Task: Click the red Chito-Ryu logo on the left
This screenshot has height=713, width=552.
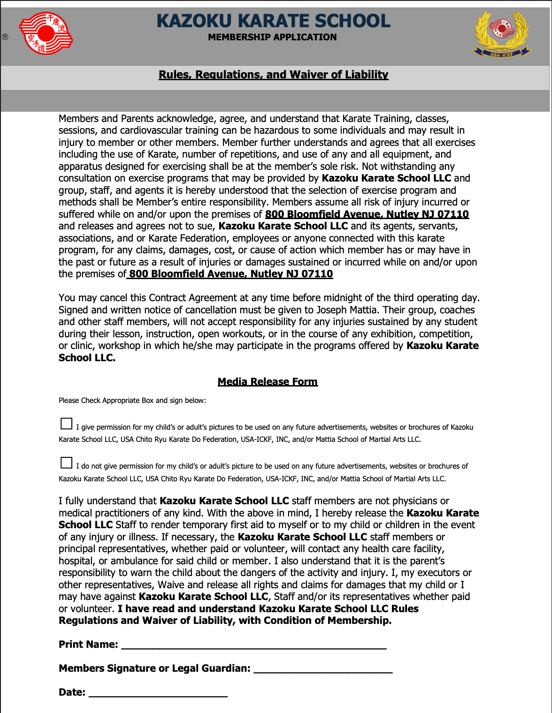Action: [46, 33]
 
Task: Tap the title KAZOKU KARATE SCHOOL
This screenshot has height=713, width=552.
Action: [273, 21]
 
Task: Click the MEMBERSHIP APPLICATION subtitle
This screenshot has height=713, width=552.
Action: [272, 37]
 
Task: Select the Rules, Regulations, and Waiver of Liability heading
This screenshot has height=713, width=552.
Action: [273, 75]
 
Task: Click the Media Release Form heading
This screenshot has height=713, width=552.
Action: [268, 381]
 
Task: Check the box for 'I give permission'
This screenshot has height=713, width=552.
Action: [67, 424]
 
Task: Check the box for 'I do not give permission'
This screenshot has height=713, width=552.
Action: [67, 463]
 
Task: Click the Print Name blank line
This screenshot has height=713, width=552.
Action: [253, 645]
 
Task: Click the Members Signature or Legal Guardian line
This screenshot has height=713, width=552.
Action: [323, 669]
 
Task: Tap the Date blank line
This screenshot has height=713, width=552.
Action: [158, 693]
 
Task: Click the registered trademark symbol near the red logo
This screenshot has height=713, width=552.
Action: [5, 37]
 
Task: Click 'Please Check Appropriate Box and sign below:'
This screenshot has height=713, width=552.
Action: [132, 401]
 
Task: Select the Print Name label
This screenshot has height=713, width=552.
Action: [88, 645]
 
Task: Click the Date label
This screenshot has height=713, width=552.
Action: [72, 692]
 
